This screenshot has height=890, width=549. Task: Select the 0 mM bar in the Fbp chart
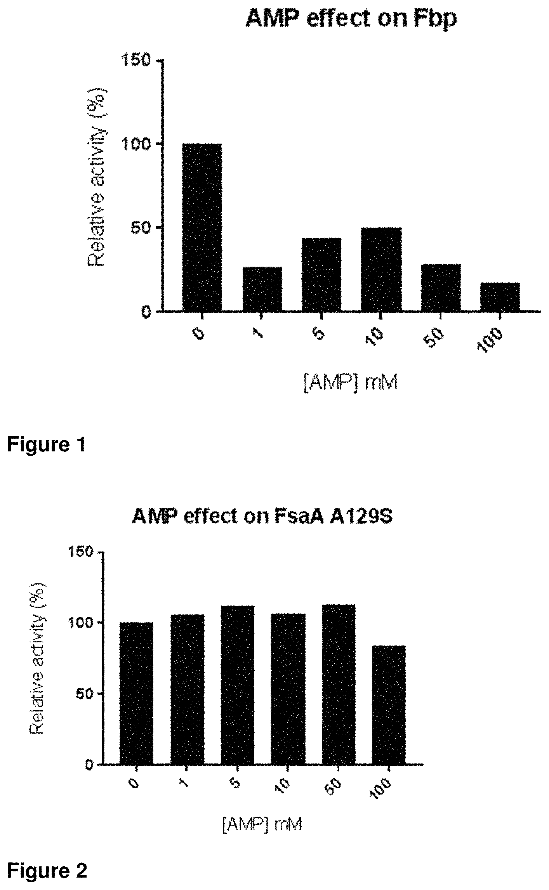click(202, 227)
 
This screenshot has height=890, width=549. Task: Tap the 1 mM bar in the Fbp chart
click(262, 289)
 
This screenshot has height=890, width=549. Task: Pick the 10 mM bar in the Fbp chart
click(381, 269)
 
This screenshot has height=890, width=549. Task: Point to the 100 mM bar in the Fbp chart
click(500, 297)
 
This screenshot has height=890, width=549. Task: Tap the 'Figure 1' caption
click(46, 444)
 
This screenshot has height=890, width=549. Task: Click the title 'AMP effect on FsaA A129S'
click(262, 517)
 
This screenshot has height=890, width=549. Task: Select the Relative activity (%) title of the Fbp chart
click(97, 177)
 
